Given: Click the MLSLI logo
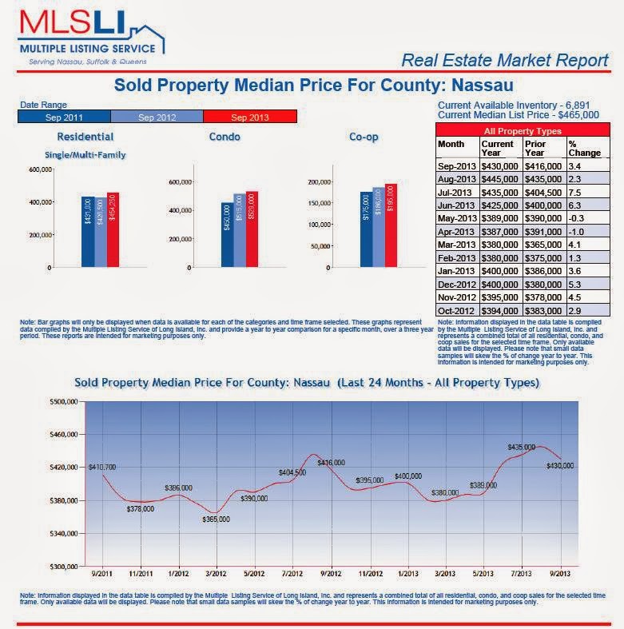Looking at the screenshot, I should (89, 36).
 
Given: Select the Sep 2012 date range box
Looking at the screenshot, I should (157, 117).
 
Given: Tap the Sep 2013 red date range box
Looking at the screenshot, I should (250, 117).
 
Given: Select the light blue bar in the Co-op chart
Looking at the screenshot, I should (378, 226).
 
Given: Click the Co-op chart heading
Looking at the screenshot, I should (364, 137).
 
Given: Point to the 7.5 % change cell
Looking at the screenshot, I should (574, 192).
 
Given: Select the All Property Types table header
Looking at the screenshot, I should (523, 130).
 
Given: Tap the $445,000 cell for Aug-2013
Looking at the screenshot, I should (500, 178).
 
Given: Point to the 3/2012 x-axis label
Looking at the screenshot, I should (217, 572).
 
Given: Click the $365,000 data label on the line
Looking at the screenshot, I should (216, 519).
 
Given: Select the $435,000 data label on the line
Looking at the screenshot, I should (521, 448).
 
